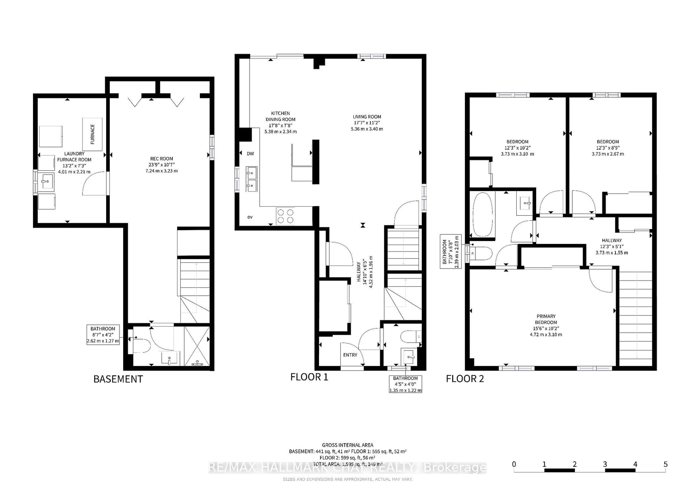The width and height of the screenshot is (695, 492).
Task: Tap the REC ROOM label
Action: click(162, 159)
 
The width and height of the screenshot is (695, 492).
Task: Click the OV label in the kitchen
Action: click(250, 217)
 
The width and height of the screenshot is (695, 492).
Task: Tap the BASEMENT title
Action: click(118, 379)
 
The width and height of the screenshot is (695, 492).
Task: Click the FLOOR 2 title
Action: click(465, 379)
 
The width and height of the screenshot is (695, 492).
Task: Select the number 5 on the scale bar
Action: click(665, 464)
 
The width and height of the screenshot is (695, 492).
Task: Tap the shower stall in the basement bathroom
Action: click(197, 346)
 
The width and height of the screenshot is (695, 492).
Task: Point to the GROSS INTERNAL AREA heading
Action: click(347, 445)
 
